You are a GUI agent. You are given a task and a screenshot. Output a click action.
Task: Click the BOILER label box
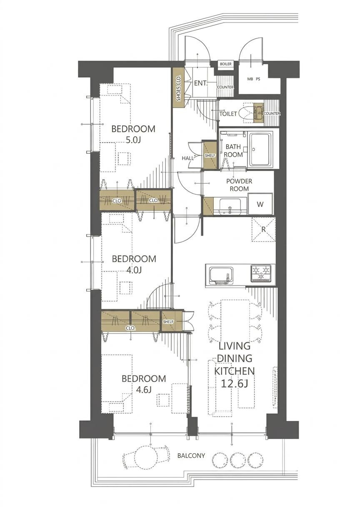(225, 64)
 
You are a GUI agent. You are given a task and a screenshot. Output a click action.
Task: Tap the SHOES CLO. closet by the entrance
(178, 88)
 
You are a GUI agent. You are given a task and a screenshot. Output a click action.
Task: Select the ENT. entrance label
(201, 83)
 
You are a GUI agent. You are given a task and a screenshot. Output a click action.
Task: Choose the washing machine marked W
(260, 204)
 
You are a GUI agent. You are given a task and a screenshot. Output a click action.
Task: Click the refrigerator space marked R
(263, 229)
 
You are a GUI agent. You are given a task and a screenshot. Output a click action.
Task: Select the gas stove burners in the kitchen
(261, 273)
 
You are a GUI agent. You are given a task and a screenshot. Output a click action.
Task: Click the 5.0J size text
(133, 141)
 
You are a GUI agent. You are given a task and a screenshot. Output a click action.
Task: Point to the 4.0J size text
(134, 270)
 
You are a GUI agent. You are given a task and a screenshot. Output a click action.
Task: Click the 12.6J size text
(235, 384)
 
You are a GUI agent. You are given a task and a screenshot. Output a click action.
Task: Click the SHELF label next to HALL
(210, 156)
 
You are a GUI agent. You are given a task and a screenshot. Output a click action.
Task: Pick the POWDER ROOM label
(239, 185)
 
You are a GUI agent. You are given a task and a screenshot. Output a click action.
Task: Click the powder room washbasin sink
(230, 206)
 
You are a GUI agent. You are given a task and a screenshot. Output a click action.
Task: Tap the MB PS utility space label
(254, 79)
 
